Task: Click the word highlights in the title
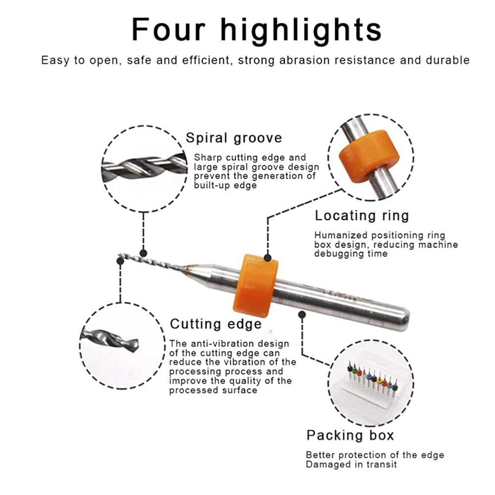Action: pyautogui.click(x=301, y=31)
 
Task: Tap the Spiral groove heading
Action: pyautogui.click(x=234, y=138)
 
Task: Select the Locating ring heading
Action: pyautogui.click(x=362, y=216)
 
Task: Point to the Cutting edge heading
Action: pyautogui.click(x=216, y=324)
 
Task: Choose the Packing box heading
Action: pyautogui.click(x=350, y=435)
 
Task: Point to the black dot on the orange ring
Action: pyautogui.click(x=268, y=258)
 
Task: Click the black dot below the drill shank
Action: pyautogui.click(x=302, y=314)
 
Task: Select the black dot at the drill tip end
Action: pyautogui.click(x=120, y=261)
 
